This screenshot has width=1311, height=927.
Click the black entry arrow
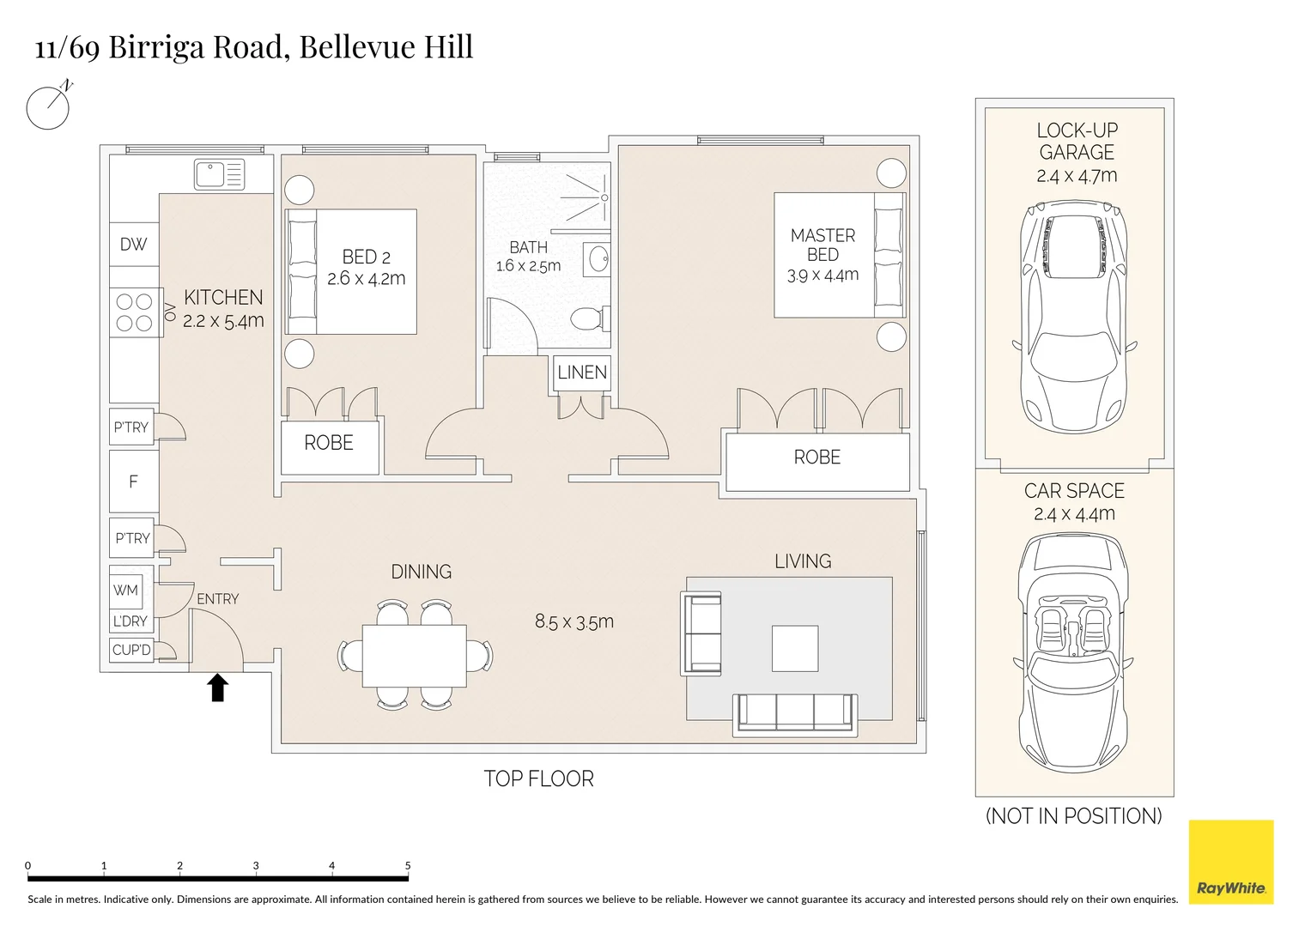click(218, 687)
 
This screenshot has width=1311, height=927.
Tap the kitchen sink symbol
click(220, 174)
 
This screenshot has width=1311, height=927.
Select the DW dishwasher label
click(133, 244)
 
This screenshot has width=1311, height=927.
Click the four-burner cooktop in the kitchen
click(135, 312)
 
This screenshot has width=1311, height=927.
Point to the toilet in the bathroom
click(590, 319)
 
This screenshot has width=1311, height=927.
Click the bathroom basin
click(597, 260)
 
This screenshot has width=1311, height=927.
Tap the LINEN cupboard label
click(582, 373)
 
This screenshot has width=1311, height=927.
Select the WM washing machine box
click(126, 590)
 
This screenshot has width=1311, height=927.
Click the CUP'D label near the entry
click(131, 650)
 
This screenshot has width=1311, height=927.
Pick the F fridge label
click(133, 482)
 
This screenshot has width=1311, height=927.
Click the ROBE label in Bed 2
click(328, 442)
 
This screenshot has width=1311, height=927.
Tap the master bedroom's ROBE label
click(817, 457)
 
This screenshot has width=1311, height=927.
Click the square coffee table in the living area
click(795, 648)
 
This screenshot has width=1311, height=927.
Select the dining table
click(415, 656)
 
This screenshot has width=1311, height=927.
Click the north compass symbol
click(49, 106)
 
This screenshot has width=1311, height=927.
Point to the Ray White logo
click(1231, 862)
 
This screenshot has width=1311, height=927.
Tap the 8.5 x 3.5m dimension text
click(574, 621)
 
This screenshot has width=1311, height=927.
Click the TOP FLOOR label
click(538, 779)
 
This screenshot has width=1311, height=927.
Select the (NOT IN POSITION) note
click(1073, 815)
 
